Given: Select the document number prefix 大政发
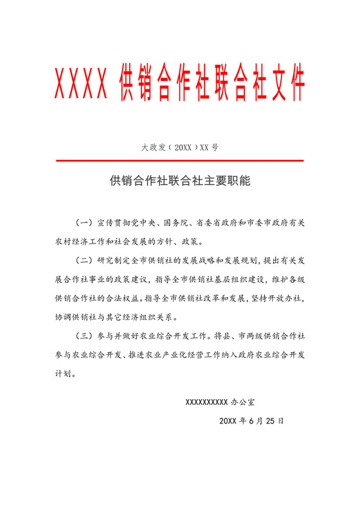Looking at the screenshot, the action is coord(154,147).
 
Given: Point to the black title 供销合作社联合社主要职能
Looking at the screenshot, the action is coord(180,182).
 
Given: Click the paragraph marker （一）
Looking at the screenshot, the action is coord(85,223).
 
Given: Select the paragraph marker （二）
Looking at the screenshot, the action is coord(85,261).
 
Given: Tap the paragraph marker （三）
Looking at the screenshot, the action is coord(85,336).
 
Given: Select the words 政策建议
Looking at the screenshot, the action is coord(134,280).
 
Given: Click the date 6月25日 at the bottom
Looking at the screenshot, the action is coord(265,421).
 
